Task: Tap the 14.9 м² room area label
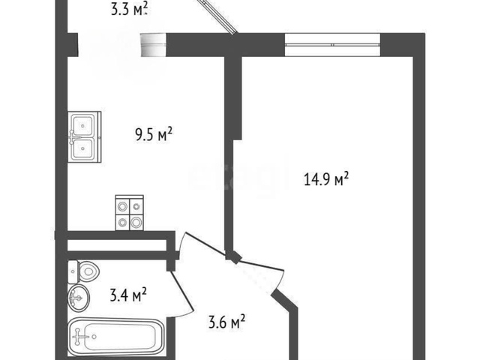pos(326,178)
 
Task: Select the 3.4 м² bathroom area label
pos(128,295)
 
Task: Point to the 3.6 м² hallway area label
pos(226,322)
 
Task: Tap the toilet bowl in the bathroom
pos(89,271)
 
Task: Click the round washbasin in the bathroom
pos(78,297)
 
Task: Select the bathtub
pos(117,337)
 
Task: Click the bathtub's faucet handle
pos(79,337)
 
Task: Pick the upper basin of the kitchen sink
pos(82,125)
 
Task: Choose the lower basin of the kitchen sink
pos(82,148)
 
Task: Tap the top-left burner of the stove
pos(122,207)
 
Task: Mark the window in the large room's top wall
pos(332,44)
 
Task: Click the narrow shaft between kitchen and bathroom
pos(117,245)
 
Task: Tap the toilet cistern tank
pos(73,272)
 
